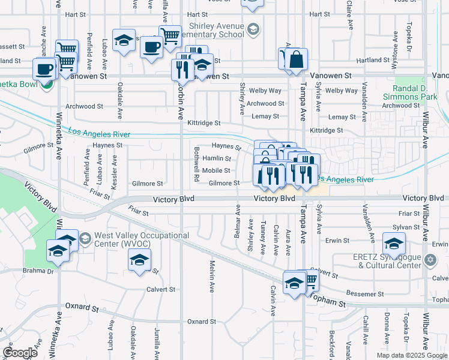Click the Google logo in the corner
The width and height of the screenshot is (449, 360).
point(20,353)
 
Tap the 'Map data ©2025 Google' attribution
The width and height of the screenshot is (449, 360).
point(411,355)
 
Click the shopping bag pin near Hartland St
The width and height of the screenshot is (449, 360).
point(297,60)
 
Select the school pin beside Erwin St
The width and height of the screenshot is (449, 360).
point(394,244)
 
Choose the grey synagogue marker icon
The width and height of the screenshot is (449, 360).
point(430,260)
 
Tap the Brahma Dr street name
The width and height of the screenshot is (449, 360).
point(42,272)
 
